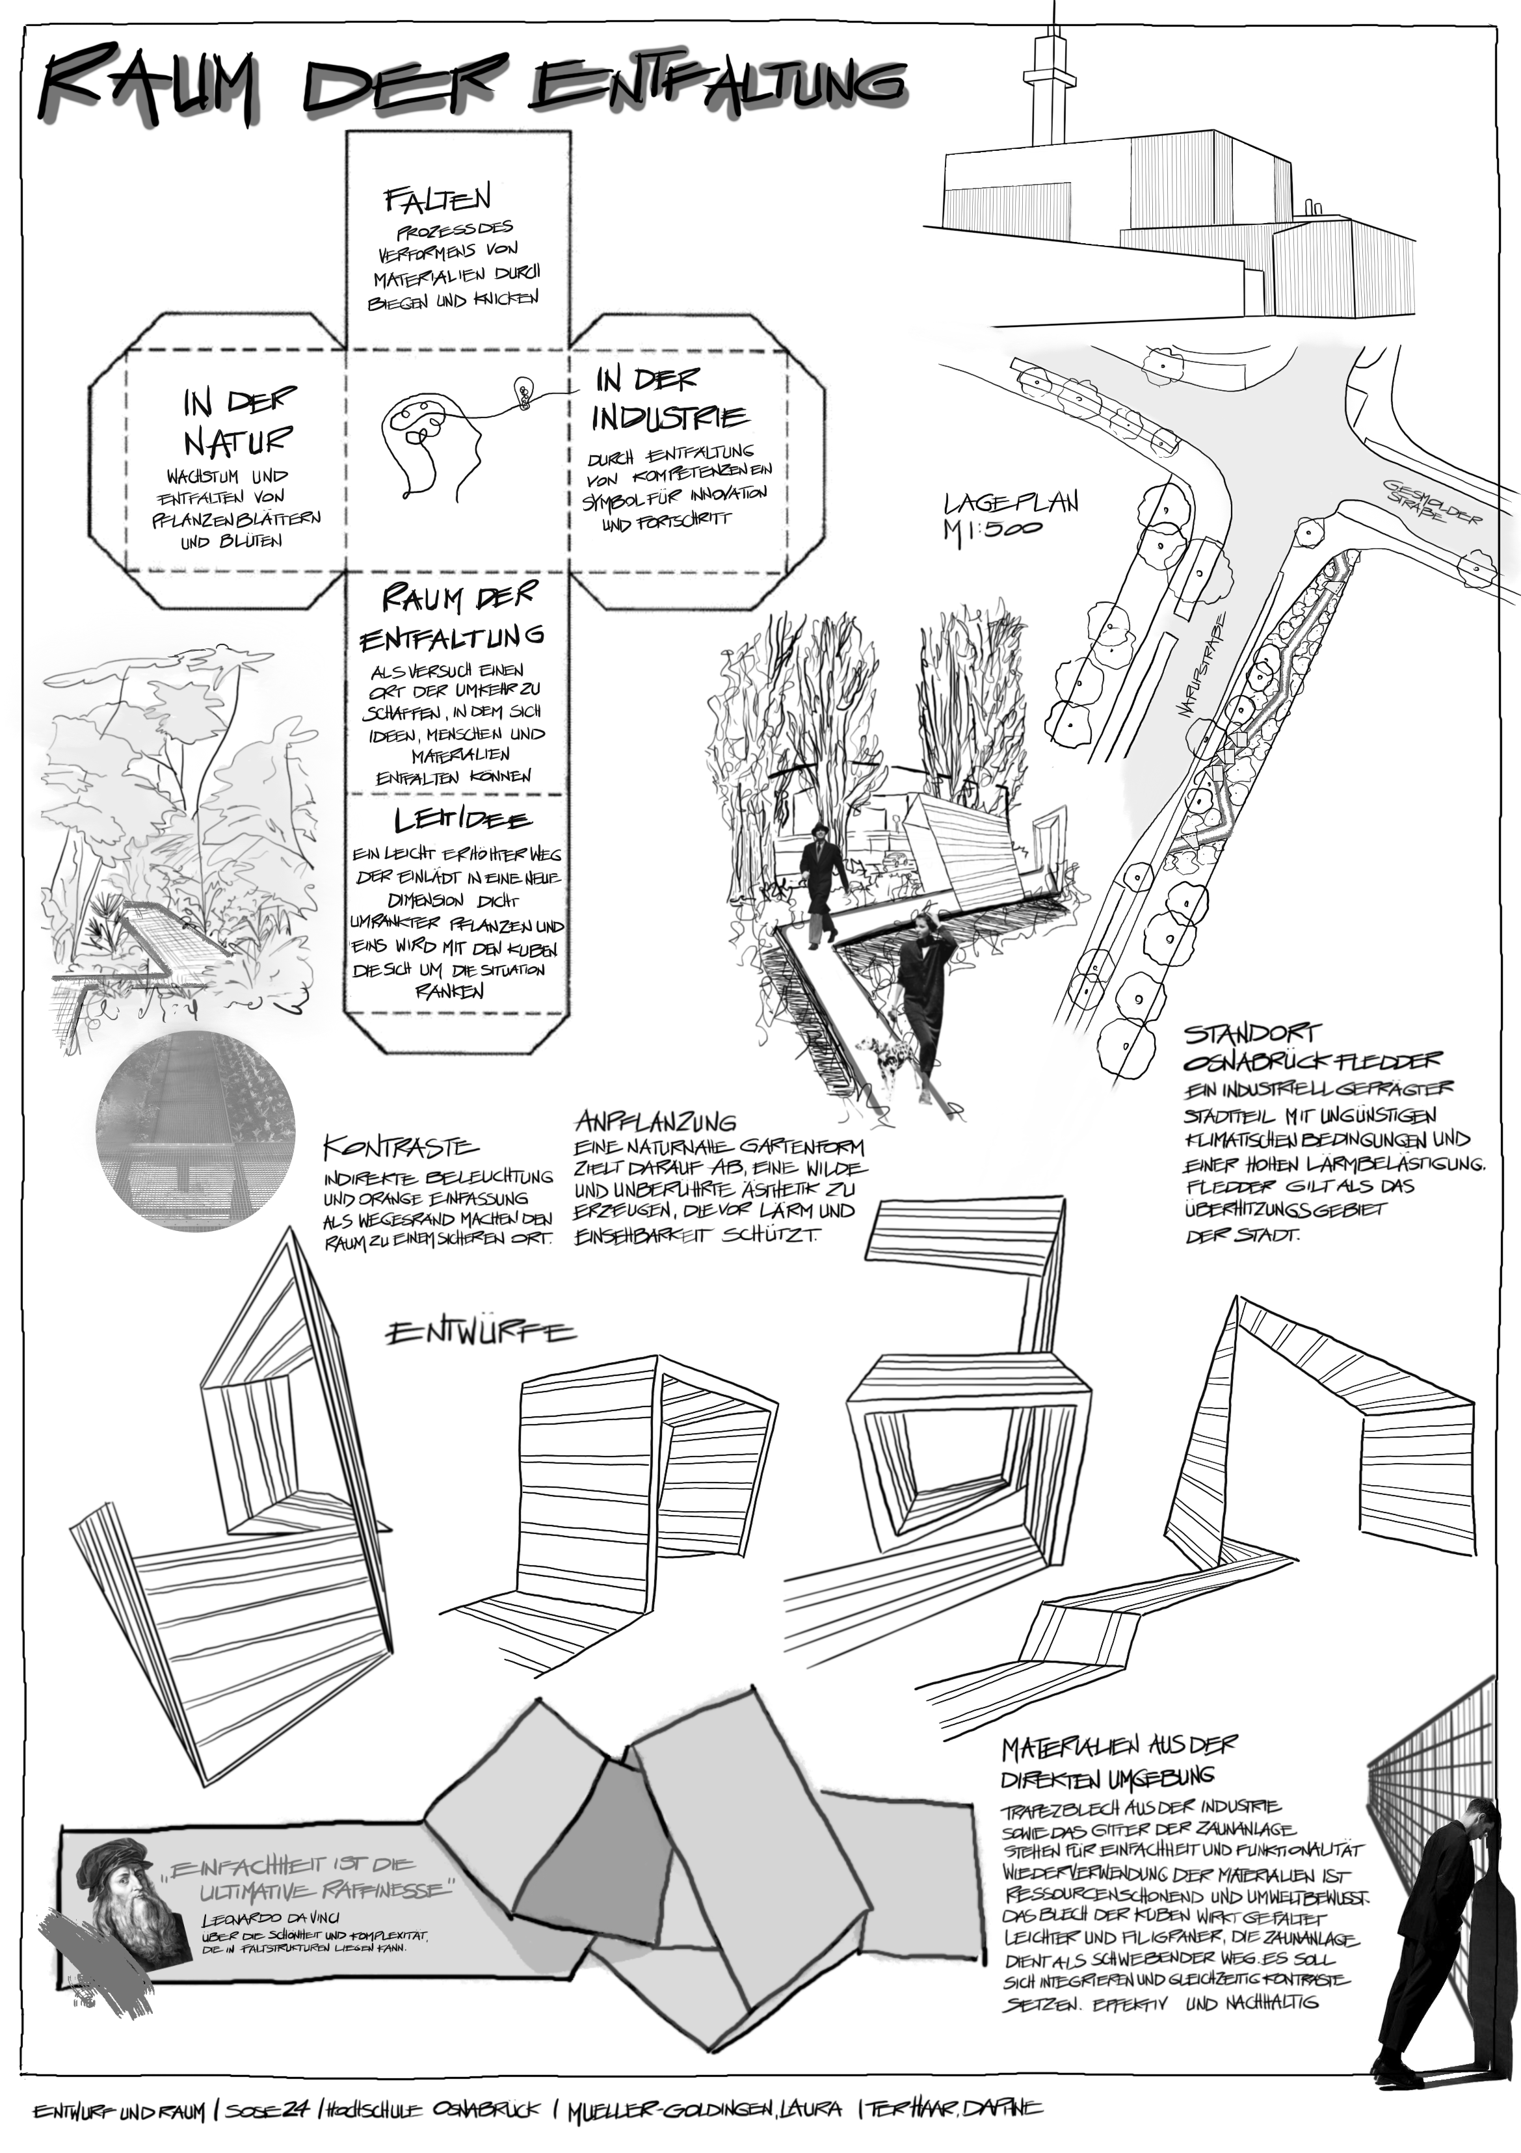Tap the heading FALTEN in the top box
(x=437, y=199)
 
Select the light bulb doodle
(x=522, y=391)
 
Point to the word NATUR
(x=238, y=441)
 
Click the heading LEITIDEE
(x=462, y=821)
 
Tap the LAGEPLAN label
(x=1011, y=503)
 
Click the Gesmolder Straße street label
(x=1432, y=502)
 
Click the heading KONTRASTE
(x=401, y=1147)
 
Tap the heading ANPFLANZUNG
(x=655, y=1122)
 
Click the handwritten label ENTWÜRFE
(x=480, y=1332)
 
